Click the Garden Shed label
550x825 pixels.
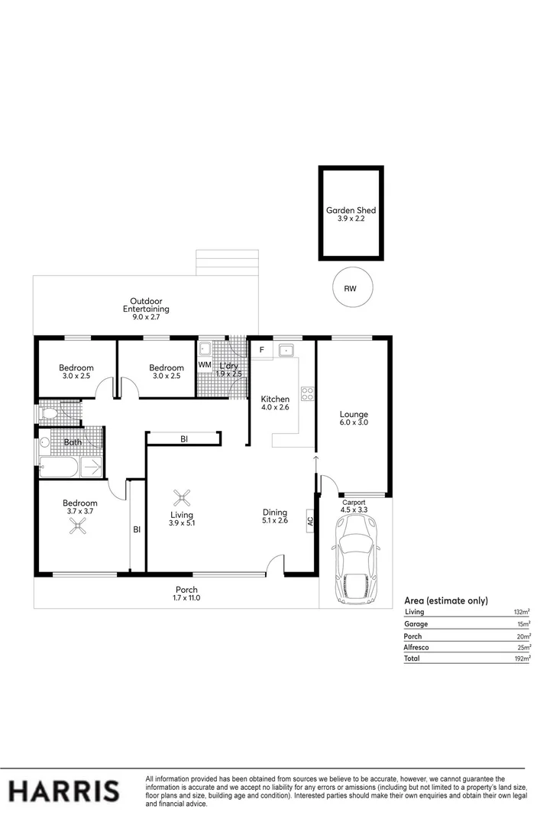coord(351,210)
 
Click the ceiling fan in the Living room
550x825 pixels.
coord(182,499)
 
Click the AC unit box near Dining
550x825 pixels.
coord(309,521)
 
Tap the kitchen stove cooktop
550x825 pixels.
coord(309,394)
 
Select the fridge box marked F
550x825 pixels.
coord(262,350)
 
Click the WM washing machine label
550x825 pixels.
coord(204,366)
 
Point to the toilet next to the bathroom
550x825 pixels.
coord(49,414)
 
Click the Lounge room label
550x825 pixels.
coord(354,414)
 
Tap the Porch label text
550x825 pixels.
coord(186,590)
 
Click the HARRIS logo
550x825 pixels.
coord(63,791)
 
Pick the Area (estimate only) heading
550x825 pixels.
coord(445,600)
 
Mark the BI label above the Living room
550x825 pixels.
coord(184,438)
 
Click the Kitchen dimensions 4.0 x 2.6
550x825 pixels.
coord(275,408)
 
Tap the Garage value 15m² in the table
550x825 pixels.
coord(523,624)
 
